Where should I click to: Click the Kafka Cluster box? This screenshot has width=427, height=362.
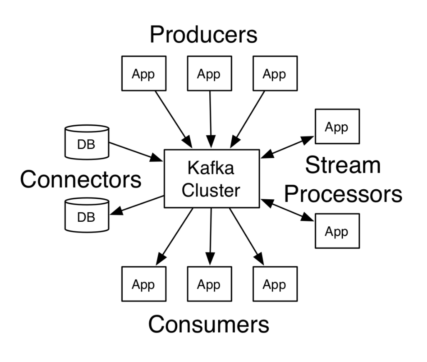(x=212, y=178)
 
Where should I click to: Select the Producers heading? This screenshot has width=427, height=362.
(x=204, y=35)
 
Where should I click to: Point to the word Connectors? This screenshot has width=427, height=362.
(x=81, y=180)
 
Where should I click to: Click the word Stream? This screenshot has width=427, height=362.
(x=343, y=165)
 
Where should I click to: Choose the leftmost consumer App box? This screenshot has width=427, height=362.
(x=143, y=285)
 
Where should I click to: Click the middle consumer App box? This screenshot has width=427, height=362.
(x=209, y=285)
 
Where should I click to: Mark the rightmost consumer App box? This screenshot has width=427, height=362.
(x=275, y=285)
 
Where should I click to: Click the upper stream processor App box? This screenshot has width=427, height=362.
(x=337, y=126)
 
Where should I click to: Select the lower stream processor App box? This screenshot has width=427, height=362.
(x=337, y=231)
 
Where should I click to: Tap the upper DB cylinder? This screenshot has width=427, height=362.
(x=87, y=143)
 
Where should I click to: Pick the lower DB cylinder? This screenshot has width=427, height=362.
(x=87, y=215)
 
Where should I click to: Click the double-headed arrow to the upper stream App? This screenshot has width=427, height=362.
(x=287, y=147)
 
